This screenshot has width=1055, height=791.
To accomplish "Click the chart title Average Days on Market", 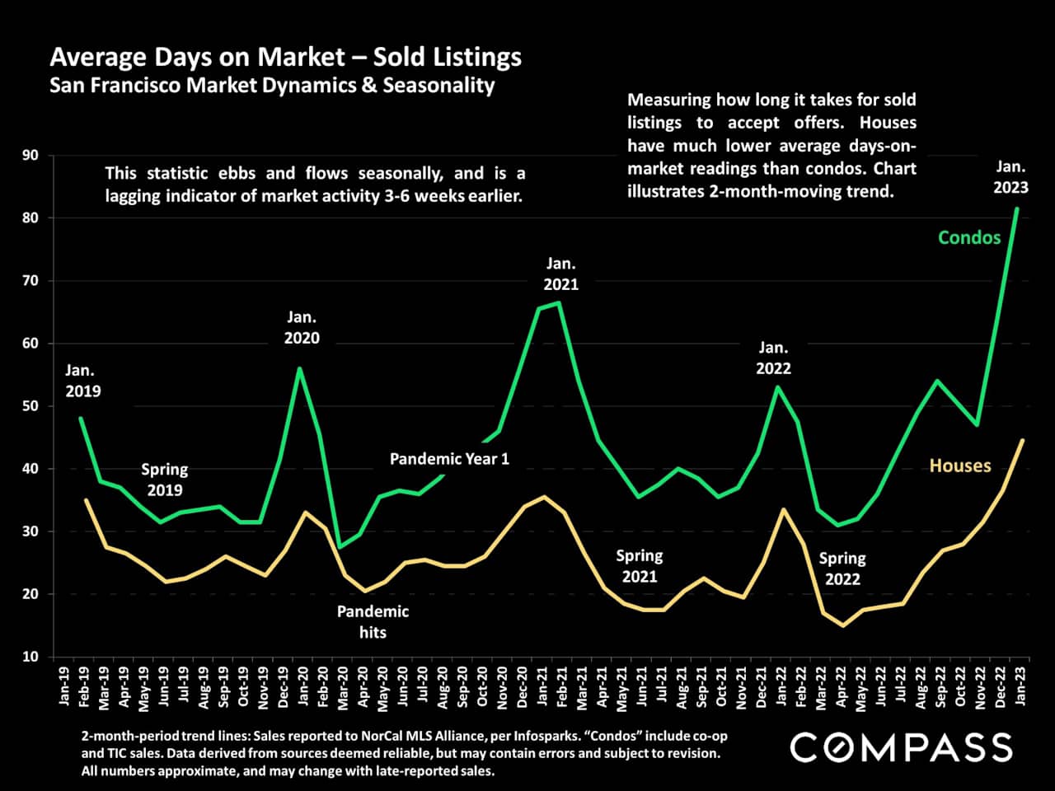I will point(285,57).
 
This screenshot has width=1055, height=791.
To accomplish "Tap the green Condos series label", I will point(969,237).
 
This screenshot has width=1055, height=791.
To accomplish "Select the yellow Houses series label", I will point(960,466).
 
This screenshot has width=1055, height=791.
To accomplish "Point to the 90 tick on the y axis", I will point(30,156).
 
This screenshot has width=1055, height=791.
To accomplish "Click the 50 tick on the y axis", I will point(30,406).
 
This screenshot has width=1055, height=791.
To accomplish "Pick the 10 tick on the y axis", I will point(30,657).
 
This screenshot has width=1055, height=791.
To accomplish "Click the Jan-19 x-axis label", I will point(64,686).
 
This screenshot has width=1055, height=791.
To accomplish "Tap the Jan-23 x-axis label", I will point(1022,686).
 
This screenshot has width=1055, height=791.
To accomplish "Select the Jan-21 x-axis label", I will point(542,686).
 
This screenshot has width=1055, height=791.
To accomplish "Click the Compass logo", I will point(901,747).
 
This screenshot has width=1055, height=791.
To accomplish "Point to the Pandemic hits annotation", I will point(373,622).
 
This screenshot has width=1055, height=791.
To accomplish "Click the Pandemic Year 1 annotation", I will point(449,459).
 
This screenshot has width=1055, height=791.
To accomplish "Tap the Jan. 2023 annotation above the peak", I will point(1010,176).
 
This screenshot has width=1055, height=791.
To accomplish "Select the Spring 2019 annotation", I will point(164,480).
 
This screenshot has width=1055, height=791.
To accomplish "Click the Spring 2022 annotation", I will point(842,569).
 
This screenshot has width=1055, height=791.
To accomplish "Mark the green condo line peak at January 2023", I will point(1016,208).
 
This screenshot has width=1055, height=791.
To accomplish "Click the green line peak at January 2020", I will point(299,368).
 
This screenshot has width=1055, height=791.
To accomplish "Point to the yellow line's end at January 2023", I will point(1022,440).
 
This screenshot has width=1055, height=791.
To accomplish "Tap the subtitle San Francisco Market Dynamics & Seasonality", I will point(272,85).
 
